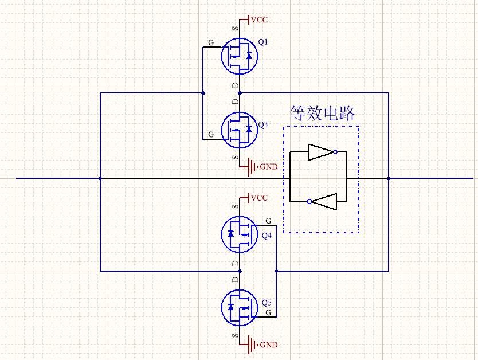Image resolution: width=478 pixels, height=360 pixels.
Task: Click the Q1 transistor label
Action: (x=263, y=42)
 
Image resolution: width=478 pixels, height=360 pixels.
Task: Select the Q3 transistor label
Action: (x=263, y=124)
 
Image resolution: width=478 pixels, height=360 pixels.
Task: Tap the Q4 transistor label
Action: (x=267, y=236)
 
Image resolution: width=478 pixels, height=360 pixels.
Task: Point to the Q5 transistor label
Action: (x=267, y=303)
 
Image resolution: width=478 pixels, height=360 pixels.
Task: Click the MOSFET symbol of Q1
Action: (x=239, y=56)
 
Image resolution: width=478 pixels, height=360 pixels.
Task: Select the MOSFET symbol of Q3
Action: (x=239, y=130)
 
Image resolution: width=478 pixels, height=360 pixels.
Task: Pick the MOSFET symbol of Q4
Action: (x=239, y=233)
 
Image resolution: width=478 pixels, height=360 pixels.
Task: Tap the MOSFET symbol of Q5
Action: (x=239, y=307)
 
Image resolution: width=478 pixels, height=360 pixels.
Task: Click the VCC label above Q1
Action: (x=259, y=20)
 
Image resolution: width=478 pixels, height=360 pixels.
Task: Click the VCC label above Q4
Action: (x=259, y=198)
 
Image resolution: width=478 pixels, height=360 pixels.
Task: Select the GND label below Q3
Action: (x=269, y=167)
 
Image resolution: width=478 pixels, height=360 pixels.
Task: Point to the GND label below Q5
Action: (x=269, y=345)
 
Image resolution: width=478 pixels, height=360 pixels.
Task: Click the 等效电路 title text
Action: (x=322, y=113)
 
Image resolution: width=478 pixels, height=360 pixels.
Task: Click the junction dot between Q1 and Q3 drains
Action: (x=240, y=93)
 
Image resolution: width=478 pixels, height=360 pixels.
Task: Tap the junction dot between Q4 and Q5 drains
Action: (x=240, y=271)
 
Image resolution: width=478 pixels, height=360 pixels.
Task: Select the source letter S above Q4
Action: (x=234, y=205)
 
